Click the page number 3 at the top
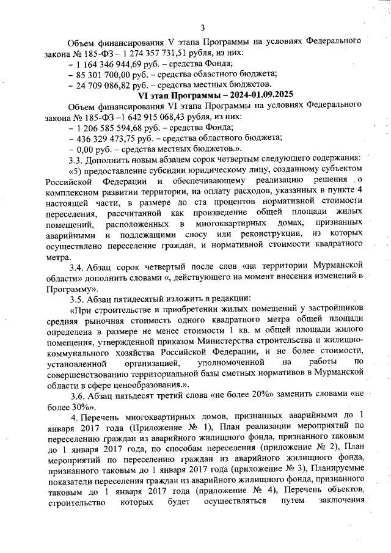202,27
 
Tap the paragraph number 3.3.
76,159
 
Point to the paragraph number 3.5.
76,297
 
